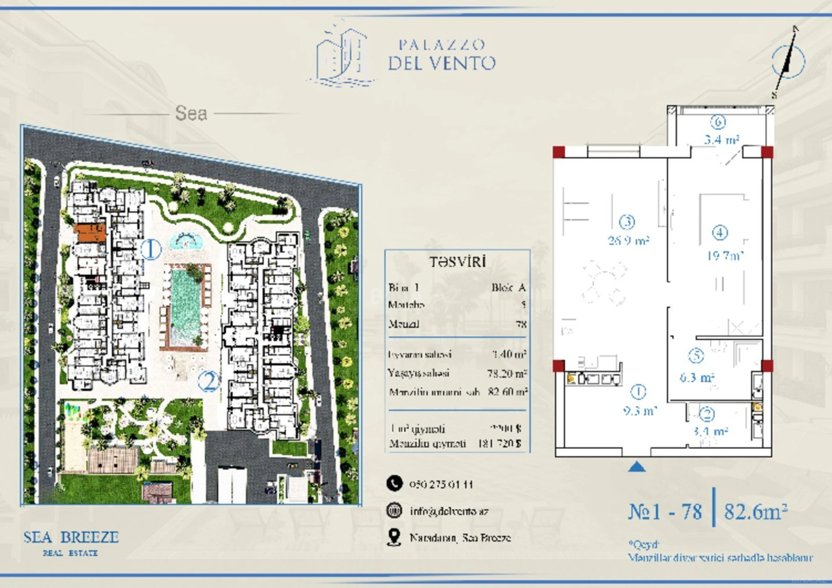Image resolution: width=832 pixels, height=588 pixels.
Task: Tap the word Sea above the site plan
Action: click(x=191, y=113)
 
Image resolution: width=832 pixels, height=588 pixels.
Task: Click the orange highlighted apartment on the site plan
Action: click(x=90, y=233)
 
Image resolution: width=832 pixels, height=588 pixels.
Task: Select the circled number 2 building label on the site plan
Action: click(x=208, y=381)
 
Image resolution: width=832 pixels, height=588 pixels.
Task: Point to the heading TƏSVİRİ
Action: click(x=457, y=262)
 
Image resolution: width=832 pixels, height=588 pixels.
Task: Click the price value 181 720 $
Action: click(x=499, y=444)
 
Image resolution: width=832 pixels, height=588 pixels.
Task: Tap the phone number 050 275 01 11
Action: click(x=441, y=484)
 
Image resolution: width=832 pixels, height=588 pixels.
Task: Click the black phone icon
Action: click(x=394, y=484)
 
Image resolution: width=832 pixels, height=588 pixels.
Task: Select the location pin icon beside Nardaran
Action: click(x=394, y=537)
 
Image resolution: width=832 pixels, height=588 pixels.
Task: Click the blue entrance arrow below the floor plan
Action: click(x=637, y=467)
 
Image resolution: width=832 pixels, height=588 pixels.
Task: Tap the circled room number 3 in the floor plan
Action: click(x=627, y=222)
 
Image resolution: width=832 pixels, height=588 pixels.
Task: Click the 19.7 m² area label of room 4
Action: click(x=725, y=255)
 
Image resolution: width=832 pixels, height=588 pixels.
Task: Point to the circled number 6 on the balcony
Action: click(x=718, y=122)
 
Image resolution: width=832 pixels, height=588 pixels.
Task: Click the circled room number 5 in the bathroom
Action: click(x=696, y=356)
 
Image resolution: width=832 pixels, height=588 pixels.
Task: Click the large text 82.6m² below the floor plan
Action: click(x=756, y=511)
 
